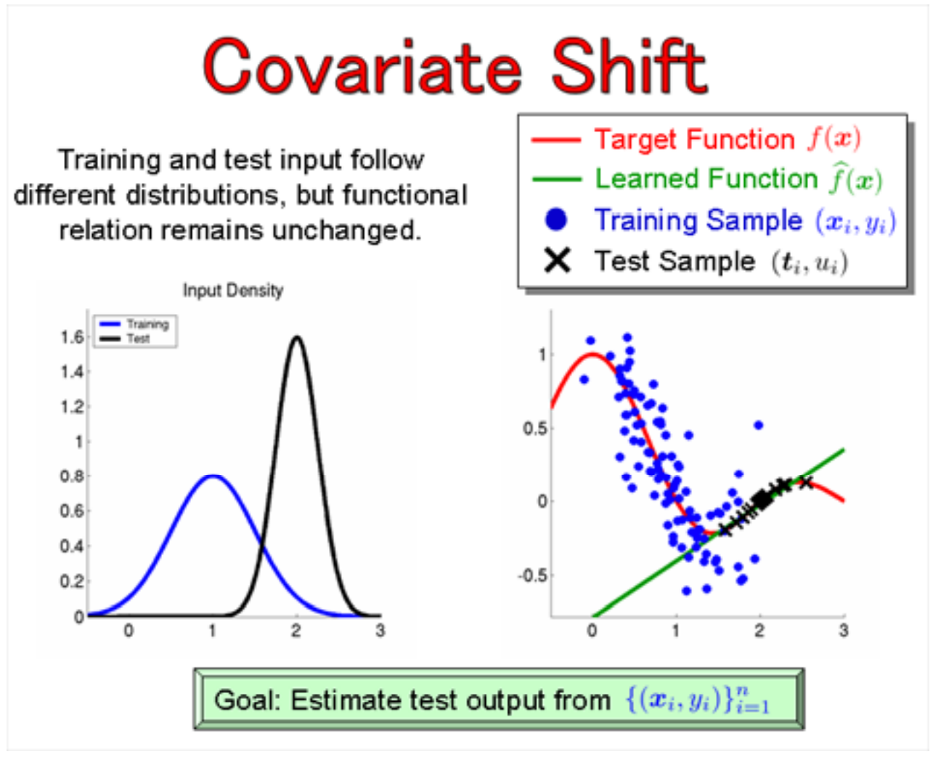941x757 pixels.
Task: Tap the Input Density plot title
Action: click(232, 291)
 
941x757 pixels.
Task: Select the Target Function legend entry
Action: click(694, 139)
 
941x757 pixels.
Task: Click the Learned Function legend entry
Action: click(706, 179)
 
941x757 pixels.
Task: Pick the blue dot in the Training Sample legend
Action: click(556, 219)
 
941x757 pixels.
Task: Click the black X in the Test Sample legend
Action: click(557, 260)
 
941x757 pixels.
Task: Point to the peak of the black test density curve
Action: click(296, 337)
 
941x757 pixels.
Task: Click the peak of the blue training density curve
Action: click(212, 477)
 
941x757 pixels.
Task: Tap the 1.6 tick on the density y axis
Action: click(72, 337)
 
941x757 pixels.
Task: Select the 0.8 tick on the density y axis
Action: click(72, 477)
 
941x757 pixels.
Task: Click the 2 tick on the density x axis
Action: click(296, 631)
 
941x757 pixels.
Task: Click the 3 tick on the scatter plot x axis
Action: click(843, 631)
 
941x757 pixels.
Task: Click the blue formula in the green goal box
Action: click(697, 700)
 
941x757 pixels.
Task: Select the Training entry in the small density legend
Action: click(147, 324)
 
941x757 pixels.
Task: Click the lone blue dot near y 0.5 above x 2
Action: click(759, 425)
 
